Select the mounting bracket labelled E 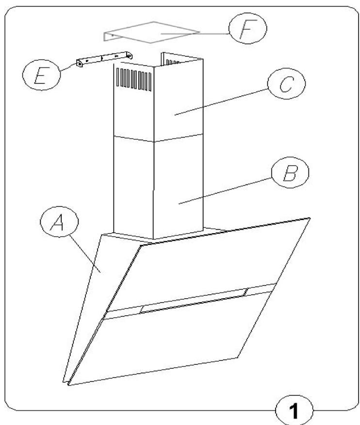(103, 59)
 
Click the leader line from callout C (223, 101)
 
